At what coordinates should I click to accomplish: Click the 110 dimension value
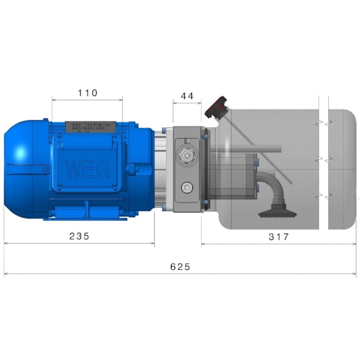pos(88,93)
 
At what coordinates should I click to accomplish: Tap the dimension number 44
pos(187,96)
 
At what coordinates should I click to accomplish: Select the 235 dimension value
pos(79,236)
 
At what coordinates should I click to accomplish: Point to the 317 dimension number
pos(278,237)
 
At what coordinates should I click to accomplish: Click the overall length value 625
pos(180,266)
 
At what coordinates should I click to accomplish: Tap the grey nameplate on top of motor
pos(90,127)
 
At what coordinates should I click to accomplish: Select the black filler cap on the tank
pos(217,107)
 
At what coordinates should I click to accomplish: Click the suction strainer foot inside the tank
pos(275,212)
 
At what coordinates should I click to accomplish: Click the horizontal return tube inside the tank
pos(252,148)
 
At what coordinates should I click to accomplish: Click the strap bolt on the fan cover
pos(46,170)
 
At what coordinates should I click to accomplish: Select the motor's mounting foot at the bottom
pos(90,212)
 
